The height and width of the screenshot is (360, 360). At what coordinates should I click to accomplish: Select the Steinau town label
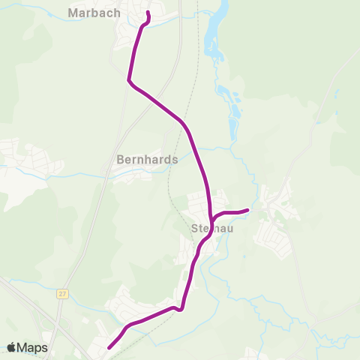(212, 229)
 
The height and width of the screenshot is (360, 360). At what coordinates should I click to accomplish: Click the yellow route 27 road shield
(61, 294)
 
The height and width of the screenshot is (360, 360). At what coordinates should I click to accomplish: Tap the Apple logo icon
(12, 347)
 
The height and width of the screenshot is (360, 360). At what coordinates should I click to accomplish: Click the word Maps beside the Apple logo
(34, 347)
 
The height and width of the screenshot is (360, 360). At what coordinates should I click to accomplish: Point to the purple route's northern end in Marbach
(148, 13)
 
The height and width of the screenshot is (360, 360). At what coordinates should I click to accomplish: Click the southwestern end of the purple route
(109, 347)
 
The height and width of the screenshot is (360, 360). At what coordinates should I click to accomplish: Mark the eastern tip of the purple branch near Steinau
(247, 210)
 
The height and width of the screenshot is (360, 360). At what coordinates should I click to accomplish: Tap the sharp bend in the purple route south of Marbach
(131, 81)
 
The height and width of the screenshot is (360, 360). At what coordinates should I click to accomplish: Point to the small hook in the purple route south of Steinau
(180, 309)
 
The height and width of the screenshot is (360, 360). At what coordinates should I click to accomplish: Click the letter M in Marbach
(73, 13)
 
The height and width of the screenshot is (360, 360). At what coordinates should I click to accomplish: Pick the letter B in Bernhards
(121, 160)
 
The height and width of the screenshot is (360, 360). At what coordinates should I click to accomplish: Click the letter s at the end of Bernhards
(175, 160)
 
